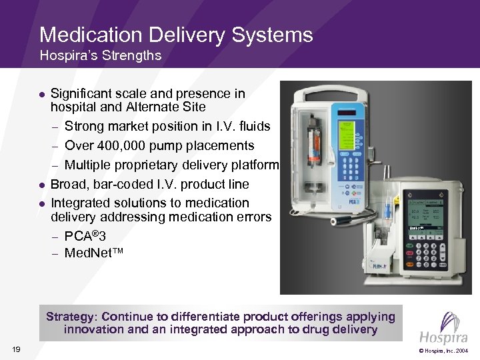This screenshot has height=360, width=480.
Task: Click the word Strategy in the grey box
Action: pyautogui.click(x=73, y=317)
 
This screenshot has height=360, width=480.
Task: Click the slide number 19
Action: pyautogui.click(x=17, y=349)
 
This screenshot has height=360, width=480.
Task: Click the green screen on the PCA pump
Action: pyautogui.click(x=348, y=134)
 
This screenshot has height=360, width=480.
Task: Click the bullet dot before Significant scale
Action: pyautogui.click(x=41, y=95)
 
